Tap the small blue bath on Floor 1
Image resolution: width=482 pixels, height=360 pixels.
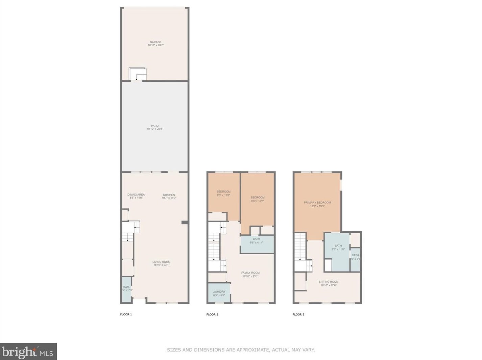coord(126,289)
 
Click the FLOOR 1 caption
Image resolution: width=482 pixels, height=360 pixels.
coord(126,314)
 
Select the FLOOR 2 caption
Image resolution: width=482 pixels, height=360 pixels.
coord(212,314)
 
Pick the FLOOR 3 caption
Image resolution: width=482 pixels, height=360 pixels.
coord(298,314)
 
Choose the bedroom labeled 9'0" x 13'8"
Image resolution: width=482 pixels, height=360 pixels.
coord(223,193)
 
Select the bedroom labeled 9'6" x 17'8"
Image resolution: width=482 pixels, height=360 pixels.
coord(258,199)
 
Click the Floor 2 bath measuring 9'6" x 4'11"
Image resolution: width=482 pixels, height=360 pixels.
coord(257,240)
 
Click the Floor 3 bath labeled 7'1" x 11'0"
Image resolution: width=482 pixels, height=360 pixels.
coord(338,248)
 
